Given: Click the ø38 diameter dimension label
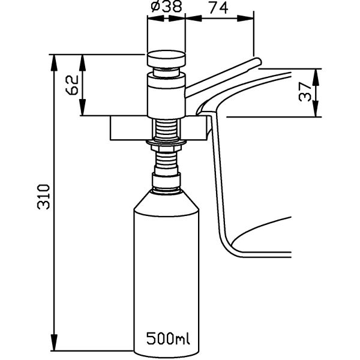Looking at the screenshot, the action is (x=166, y=7).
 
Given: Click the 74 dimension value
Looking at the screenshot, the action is (x=218, y=8).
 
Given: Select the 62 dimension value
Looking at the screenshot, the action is (x=73, y=85).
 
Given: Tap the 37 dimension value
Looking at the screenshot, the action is (x=305, y=92).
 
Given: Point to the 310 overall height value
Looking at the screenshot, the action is (x=43, y=197).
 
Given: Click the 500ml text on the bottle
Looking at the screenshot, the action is (x=168, y=338).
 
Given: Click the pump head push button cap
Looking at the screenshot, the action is (x=166, y=59).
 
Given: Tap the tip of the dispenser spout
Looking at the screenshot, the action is (x=260, y=62).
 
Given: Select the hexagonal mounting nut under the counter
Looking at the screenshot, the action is (x=166, y=149).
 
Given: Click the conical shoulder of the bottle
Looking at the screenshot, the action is (x=166, y=203).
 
